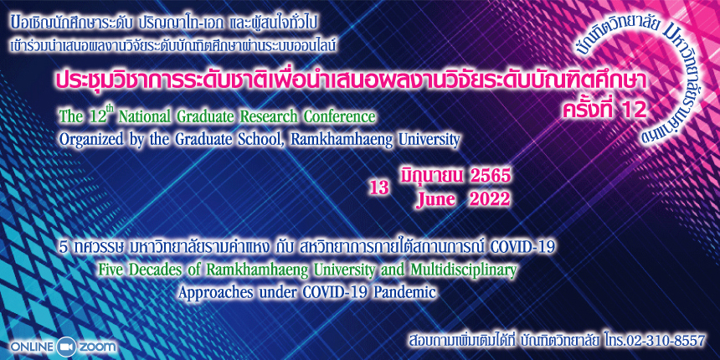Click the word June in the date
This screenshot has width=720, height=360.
click(435, 199)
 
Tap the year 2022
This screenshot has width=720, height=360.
click(487, 199)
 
